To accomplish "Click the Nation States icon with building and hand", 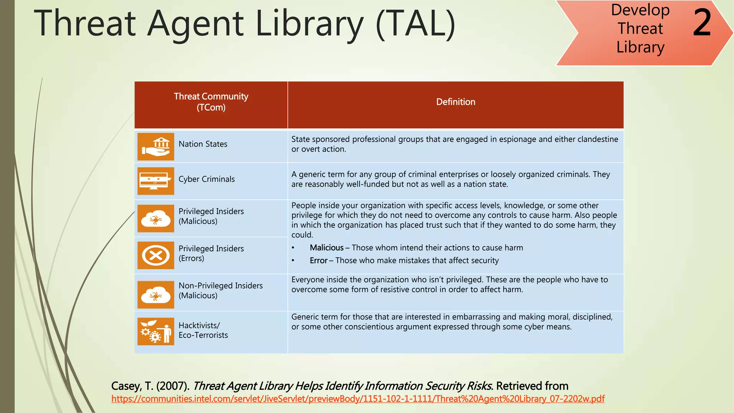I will pyautogui.click(x=156, y=147).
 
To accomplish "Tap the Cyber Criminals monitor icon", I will pyautogui.click(x=156, y=181).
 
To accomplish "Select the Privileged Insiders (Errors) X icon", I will pyautogui.click(x=156, y=256).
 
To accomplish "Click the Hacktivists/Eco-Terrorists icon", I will pyautogui.click(x=156, y=331).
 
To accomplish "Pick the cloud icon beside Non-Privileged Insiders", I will pyautogui.click(x=156, y=294).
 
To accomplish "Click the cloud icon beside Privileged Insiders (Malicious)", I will pyautogui.click(x=156, y=218).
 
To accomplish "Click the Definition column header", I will pyautogui.click(x=456, y=102).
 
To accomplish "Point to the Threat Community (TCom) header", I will pyautogui.click(x=211, y=102).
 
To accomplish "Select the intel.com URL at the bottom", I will pyautogui.click(x=358, y=399).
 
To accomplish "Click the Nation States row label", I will pyautogui.click(x=203, y=144).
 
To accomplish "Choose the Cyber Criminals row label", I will pyautogui.click(x=206, y=179).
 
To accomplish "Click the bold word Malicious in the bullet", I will pyautogui.click(x=327, y=248).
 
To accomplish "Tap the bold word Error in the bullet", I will pyautogui.click(x=319, y=261).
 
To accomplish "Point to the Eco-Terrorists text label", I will pyautogui.click(x=203, y=335).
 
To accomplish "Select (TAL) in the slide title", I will pyautogui.click(x=415, y=24).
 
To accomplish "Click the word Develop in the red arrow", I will pyautogui.click(x=640, y=10).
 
